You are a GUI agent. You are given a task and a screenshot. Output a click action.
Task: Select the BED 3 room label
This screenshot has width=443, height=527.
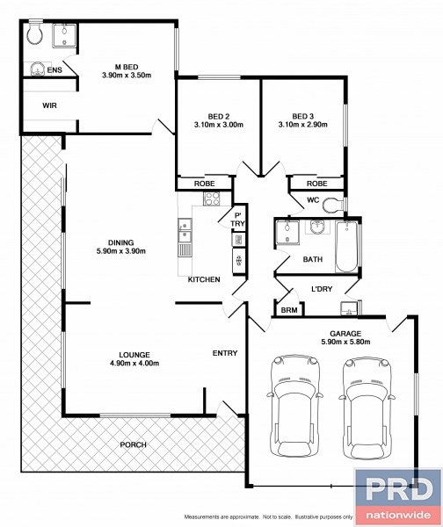point(303,116)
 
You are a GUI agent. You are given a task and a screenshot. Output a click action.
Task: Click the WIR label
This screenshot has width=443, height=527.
point(50,105)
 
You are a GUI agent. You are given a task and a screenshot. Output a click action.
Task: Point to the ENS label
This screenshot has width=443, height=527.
point(54,69)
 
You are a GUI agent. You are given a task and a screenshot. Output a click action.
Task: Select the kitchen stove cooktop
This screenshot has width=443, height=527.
point(210,199)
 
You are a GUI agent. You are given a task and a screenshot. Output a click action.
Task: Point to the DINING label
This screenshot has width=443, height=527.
point(121,242)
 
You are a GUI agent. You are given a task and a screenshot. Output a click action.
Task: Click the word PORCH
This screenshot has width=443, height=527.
point(133,444)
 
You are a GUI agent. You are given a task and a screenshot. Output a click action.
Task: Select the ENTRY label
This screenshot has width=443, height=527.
point(225,353)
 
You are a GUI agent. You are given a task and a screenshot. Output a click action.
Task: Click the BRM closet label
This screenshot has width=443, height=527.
point(287,311)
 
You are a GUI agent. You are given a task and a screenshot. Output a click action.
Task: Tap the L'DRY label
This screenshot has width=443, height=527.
point(322,290)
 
